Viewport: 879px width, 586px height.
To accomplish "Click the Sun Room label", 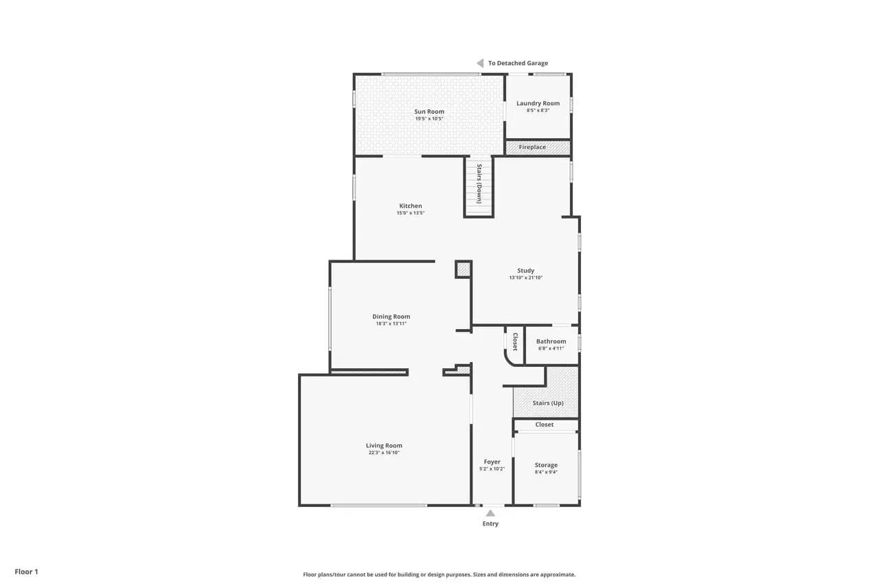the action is tap(429, 111).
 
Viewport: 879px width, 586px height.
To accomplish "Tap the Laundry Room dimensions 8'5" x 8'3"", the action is tap(538, 111).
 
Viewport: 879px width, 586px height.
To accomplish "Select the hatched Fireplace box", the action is tap(538, 148).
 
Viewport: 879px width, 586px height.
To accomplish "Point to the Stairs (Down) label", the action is tap(479, 183).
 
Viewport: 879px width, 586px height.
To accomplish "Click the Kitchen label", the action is tap(411, 205).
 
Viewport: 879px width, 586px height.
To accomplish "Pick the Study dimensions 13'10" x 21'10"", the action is tap(526, 278).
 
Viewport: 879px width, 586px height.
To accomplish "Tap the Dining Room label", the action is tap(391, 316).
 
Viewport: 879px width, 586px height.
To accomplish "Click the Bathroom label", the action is tap(551, 341).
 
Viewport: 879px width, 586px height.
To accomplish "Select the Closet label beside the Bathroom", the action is tap(515, 341).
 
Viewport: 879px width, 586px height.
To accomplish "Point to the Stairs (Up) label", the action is tap(548, 403).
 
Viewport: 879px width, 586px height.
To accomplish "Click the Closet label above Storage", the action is tap(545, 425).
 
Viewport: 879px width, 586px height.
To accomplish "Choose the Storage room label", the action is tap(546, 465).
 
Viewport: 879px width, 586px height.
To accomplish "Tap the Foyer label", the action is tap(492, 462).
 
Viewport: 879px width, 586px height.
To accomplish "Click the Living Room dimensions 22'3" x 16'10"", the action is tap(384, 453).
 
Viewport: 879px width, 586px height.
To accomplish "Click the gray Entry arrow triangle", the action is tap(490, 513).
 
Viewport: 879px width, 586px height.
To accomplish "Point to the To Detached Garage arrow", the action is tap(480, 63).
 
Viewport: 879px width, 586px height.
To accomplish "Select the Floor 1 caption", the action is tap(27, 572).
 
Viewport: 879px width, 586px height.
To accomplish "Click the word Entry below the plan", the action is tap(490, 523).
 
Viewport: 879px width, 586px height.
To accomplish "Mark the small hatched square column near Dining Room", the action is tap(464, 269).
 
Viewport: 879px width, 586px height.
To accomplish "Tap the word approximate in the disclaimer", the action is tap(558, 574).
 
